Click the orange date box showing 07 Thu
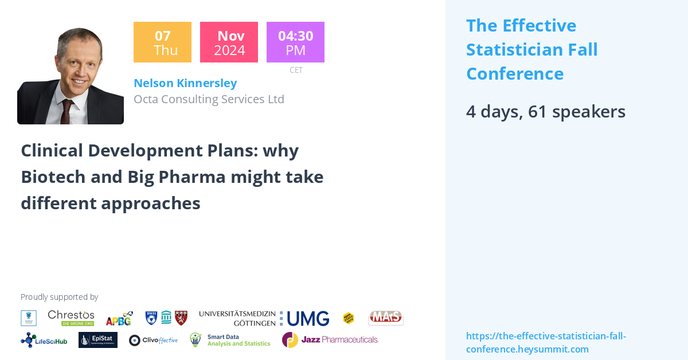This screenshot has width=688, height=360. [x=162, y=42]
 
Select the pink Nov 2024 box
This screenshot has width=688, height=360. [x=229, y=42]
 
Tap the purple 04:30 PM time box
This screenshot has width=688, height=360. [x=295, y=42]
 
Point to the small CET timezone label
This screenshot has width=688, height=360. [x=296, y=70]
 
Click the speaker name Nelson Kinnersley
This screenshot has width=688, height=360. [x=185, y=83]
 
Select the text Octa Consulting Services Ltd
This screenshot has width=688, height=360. [x=209, y=99]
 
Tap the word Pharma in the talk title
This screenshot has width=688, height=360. [x=194, y=177]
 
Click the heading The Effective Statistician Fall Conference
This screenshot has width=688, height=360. [x=531, y=50]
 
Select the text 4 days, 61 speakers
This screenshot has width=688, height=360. [x=545, y=112]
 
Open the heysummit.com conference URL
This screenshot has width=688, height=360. [x=546, y=343]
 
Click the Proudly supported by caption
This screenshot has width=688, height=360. [x=59, y=297]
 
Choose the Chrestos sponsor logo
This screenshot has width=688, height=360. [x=71, y=318]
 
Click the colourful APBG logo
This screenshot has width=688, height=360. [x=119, y=318]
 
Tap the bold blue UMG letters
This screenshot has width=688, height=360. [x=308, y=319]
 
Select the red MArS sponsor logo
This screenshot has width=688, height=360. [x=385, y=318]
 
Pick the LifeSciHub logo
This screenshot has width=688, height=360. [x=44, y=340]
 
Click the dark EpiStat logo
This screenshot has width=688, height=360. [x=98, y=340]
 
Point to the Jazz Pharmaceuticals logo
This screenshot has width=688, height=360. [x=330, y=340]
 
